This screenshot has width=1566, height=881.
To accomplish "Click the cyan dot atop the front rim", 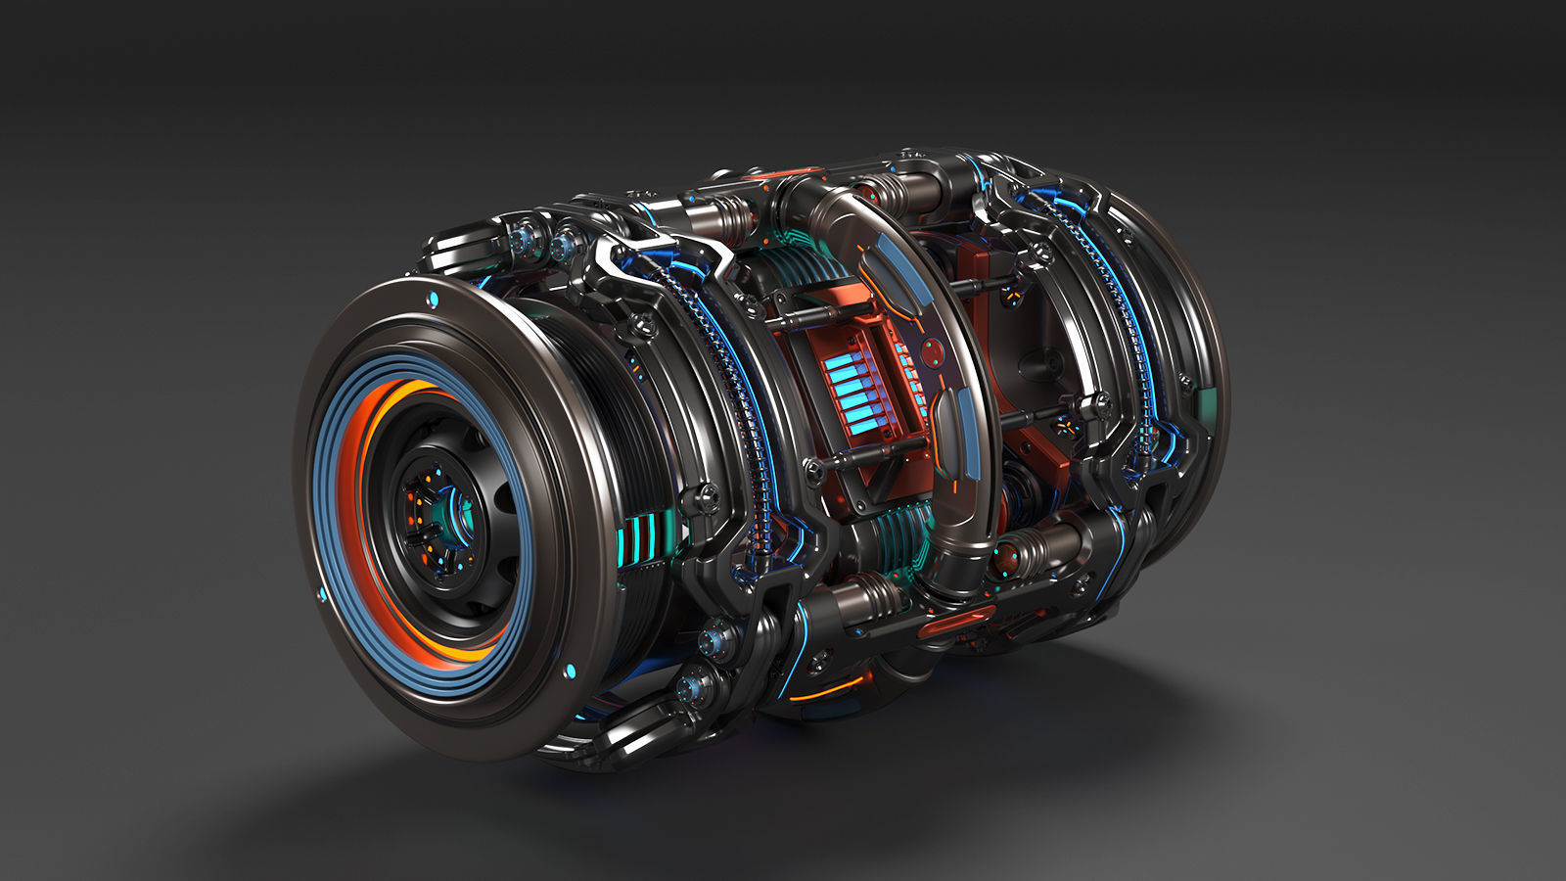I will point(431,298).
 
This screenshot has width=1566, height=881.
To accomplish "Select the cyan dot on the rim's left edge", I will point(321,594).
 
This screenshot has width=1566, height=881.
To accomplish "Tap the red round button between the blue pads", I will point(933,348).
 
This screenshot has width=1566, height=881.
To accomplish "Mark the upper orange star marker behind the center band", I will point(1014,289).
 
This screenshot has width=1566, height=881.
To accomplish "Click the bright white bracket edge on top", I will point(626,256).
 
